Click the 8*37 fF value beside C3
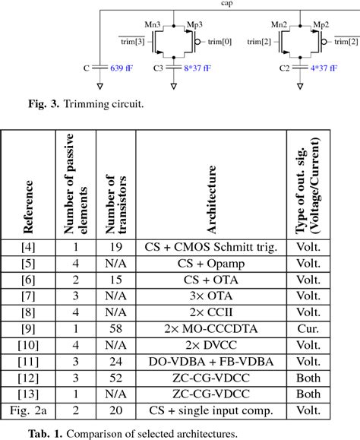click(197, 69)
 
